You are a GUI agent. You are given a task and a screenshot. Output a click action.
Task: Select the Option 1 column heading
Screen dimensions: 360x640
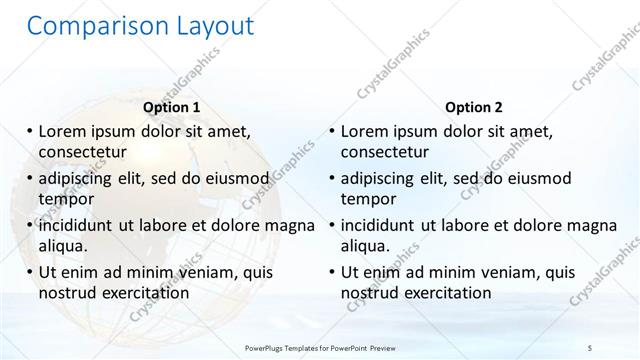[171, 107]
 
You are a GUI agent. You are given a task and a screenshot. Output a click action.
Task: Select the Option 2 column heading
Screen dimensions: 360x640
[474, 107]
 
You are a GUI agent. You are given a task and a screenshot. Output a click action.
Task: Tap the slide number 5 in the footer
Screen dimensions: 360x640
[590, 347]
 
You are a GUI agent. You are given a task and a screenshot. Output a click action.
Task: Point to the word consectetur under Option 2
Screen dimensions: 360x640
[385, 153]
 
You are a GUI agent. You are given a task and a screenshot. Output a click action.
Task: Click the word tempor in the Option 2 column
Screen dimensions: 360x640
[369, 199]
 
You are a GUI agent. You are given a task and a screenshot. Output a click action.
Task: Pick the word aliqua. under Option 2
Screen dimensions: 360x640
[367, 246]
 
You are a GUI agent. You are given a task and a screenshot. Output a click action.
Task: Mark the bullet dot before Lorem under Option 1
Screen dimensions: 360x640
[30, 131]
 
